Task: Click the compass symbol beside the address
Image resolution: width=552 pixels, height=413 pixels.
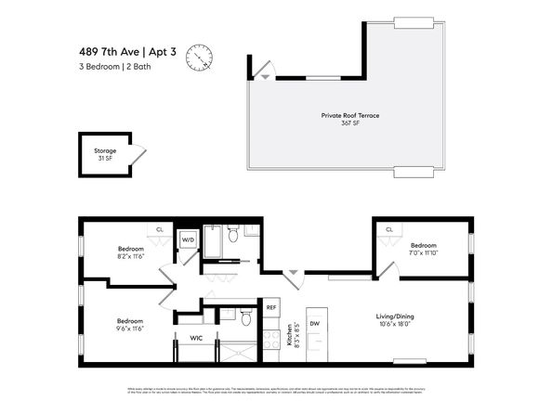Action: tap(199, 58)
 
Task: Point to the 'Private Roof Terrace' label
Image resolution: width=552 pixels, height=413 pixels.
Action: tap(350, 116)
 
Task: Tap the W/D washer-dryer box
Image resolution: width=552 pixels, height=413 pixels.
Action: tap(188, 239)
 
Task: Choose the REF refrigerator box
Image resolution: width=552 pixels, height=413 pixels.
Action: tap(271, 307)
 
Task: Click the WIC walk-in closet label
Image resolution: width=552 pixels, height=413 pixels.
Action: tap(196, 338)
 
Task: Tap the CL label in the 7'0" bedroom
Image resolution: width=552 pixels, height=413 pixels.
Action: tap(389, 229)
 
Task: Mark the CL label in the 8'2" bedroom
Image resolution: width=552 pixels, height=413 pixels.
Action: tap(160, 229)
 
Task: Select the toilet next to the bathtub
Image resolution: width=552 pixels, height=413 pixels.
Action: tap(233, 233)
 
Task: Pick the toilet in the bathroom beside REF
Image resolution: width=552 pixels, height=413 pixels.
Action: tap(245, 318)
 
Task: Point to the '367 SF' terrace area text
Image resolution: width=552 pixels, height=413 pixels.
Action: tap(350, 123)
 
